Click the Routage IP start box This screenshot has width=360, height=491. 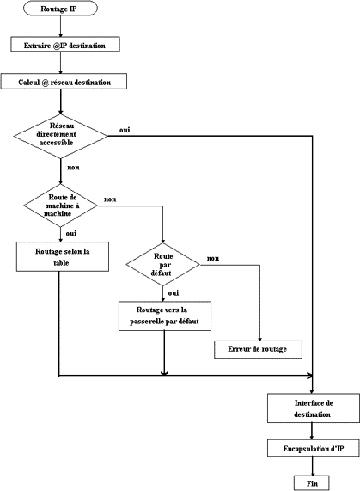tap(60, 9)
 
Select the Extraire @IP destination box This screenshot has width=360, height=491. tap(65, 44)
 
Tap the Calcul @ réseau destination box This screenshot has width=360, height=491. tap(64, 82)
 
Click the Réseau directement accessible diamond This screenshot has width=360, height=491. tap(60, 136)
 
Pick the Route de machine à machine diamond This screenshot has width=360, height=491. tap(60, 206)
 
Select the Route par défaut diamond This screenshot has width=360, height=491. tap(162, 265)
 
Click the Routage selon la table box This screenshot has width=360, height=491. tap(63, 256)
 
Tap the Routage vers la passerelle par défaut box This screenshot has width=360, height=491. tap(165, 316)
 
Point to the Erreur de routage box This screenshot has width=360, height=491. tap(258, 349)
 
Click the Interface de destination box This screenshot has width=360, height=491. tap(314, 408)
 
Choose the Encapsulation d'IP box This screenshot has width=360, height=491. tap(314, 448)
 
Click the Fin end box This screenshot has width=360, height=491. tap(312, 483)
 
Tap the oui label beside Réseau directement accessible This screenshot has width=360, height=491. tap(125, 130)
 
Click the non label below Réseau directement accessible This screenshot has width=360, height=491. tap(74, 168)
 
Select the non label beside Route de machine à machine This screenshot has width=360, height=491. tap(110, 199)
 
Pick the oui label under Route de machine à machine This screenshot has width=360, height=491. tap(71, 234)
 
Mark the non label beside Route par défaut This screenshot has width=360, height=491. tap(213, 259)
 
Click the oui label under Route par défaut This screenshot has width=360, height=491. tap(174, 293)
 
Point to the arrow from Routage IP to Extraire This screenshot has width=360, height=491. tap(60, 27)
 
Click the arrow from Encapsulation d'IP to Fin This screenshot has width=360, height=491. tap(312, 466)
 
